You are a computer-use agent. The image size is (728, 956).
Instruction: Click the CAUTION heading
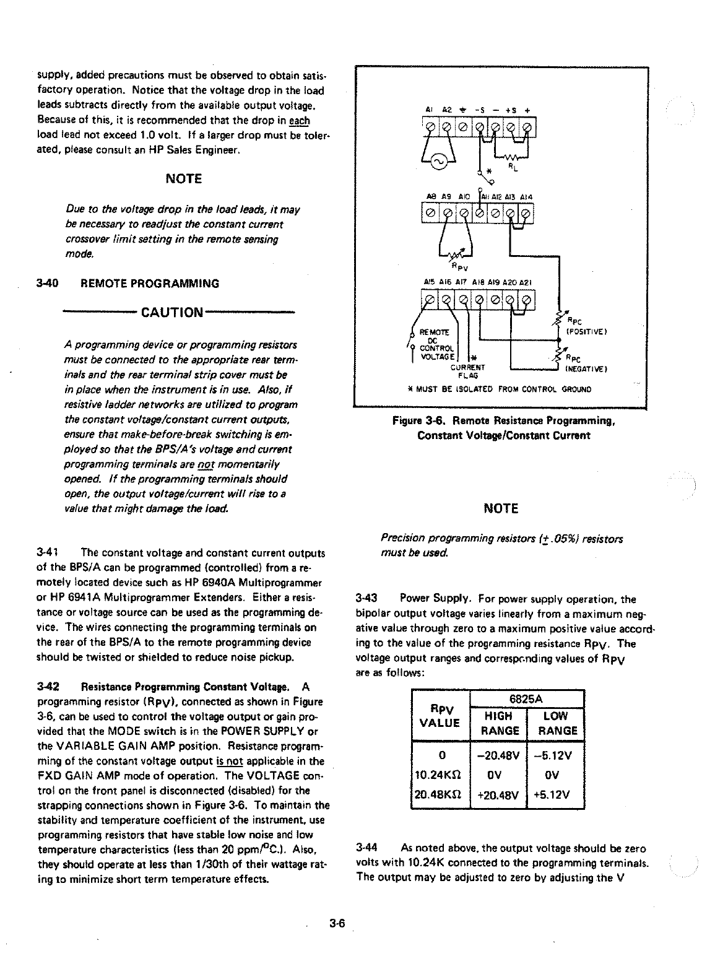coord(172,311)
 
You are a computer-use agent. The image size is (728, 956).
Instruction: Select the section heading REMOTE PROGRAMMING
coord(150,284)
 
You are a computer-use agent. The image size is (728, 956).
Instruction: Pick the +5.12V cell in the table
coord(555,794)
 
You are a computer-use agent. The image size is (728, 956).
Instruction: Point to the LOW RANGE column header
coord(555,723)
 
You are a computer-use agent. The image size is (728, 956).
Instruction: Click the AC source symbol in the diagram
coord(438,162)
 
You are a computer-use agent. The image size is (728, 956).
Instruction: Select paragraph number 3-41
coord(48,552)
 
